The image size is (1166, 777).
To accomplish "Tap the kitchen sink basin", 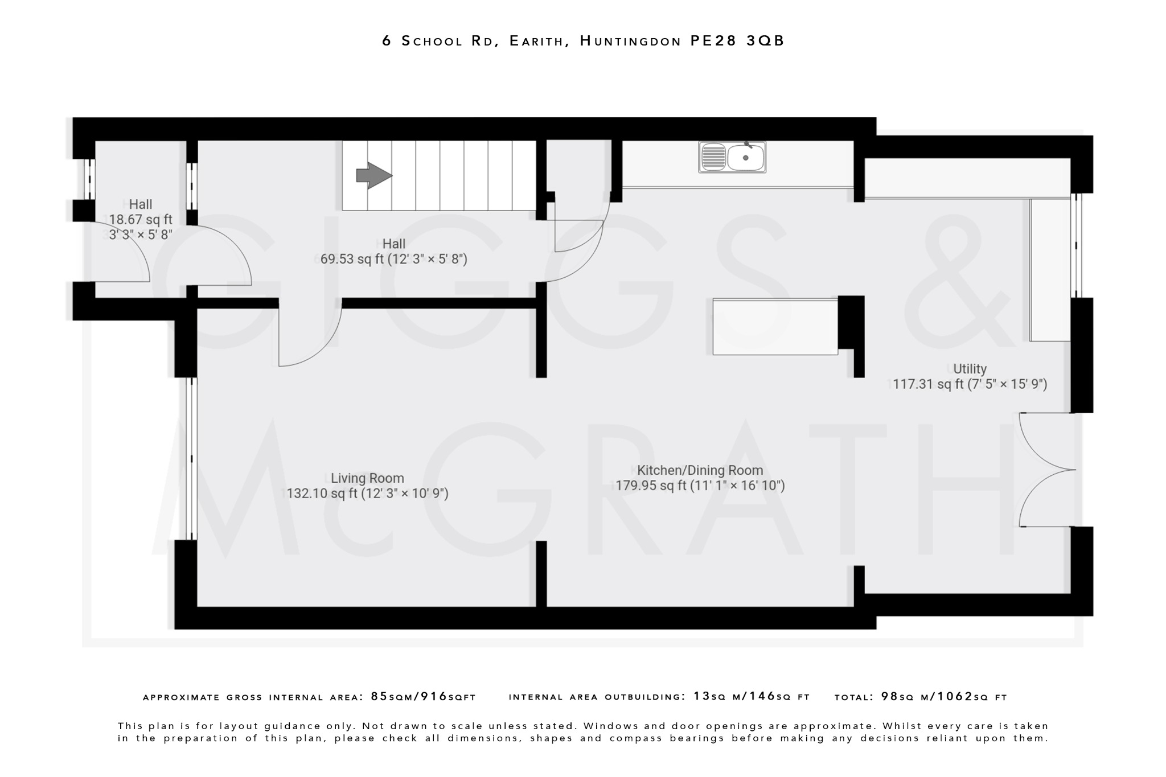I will [745, 158].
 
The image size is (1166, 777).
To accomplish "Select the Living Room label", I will [367, 478].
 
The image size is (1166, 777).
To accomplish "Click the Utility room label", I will [970, 369].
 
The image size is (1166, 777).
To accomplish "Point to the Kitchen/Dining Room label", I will [700, 470].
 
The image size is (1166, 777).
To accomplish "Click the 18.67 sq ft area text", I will [141, 219].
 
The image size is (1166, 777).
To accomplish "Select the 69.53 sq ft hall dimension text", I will [393, 260].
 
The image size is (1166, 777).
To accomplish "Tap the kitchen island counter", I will [775, 327].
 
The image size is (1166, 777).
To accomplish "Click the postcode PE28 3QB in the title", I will [738, 41].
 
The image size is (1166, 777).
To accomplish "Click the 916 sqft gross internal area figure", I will [448, 697].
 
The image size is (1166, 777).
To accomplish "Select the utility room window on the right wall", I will [1076, 246].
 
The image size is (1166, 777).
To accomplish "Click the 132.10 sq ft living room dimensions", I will [367, 494].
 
